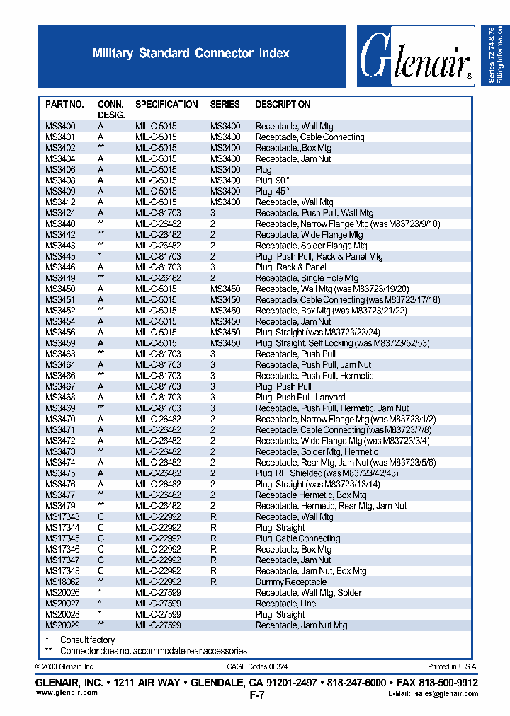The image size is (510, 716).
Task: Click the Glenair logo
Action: tap(416, 57)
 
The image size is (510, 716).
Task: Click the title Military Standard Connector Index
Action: tap(191, 53)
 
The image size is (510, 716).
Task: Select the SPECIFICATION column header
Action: tap(166, 104)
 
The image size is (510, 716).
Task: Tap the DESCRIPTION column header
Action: tap(283, 104)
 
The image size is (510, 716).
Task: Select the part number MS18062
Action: tap(62, 582)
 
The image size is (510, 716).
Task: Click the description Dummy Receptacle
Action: tap(291, 582)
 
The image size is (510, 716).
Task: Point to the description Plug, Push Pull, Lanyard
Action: tap(300, 398)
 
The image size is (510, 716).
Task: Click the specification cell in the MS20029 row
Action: tap(158, 625)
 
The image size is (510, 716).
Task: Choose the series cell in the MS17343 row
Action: tap(213, 516)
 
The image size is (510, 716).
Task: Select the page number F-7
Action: tap(257, 695)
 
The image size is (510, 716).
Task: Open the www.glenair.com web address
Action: tap(67, 693)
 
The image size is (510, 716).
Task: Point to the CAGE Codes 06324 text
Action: tap(257, 666)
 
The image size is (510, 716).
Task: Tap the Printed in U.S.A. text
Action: tap(453, 666)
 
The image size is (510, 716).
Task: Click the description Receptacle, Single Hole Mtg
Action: tap(307, 278)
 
